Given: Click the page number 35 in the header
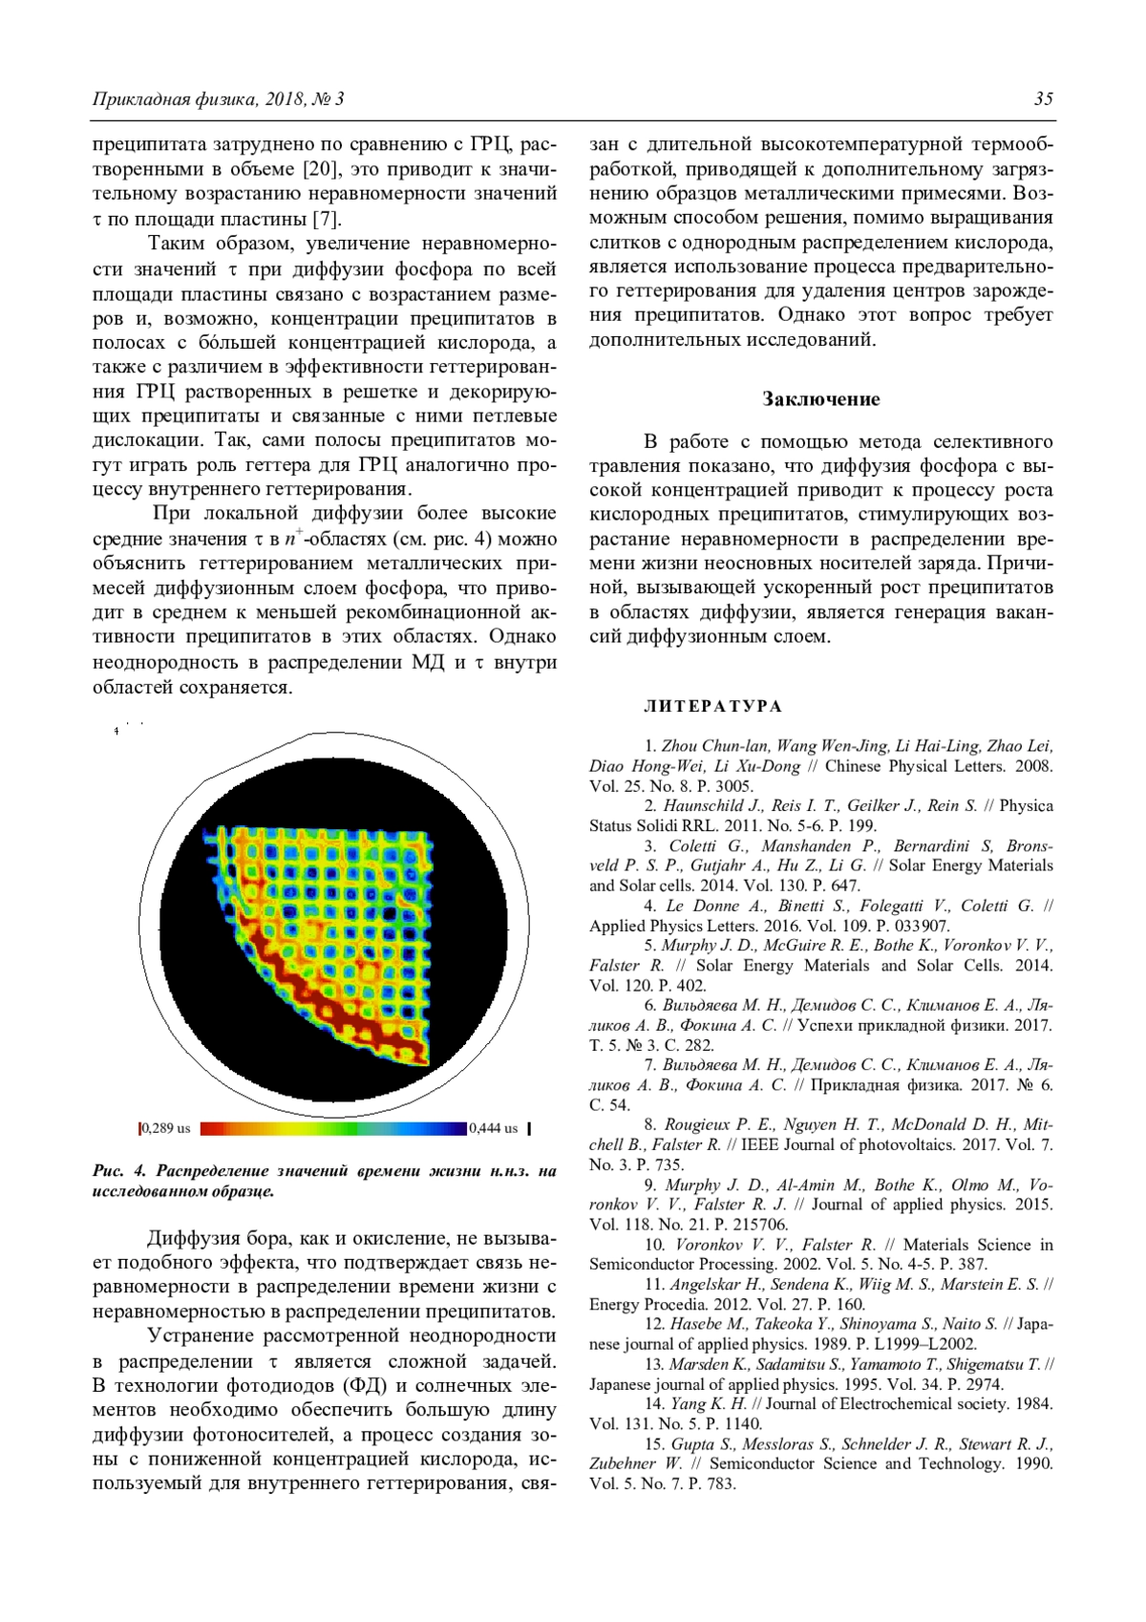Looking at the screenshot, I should [x=1043, y=99].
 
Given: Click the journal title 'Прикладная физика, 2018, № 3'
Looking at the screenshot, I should [x=218, y=99].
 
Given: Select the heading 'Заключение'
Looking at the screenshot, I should [x=820, y=399].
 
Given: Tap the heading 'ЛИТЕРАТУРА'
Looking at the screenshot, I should [x=712, y=707].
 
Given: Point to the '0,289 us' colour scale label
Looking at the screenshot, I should [x=166, y=1128].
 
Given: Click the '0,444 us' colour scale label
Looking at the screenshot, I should [x=494, y=1128].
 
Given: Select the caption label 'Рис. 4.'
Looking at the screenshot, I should [x=119, y=1171].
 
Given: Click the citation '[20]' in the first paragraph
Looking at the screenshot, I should [x=319, y=169].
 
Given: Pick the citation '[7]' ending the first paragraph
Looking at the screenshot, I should [x=328, y=219].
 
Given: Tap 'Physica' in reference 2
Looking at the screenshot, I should [x=1026, y=805].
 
